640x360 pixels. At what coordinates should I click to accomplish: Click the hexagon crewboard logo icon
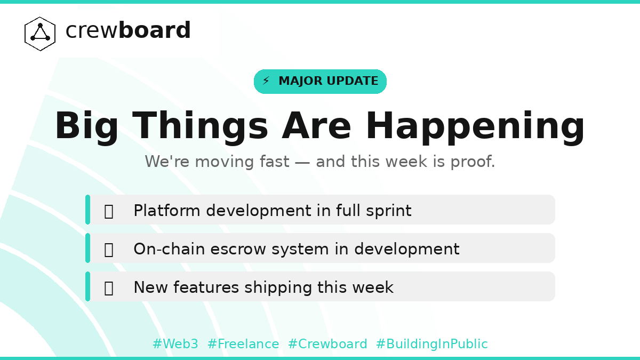click(40, 34)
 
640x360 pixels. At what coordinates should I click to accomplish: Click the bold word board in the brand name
click(154, 31)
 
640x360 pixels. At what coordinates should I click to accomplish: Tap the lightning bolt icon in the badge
click(266, 82)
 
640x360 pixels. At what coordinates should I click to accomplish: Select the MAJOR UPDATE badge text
click(328, 82)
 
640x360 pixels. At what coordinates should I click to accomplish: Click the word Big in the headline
click(86, 127)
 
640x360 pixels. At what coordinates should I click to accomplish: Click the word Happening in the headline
click(475, 127)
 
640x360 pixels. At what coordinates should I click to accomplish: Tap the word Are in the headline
click(316, 127)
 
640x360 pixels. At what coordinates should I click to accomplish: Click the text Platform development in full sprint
click(272, 211)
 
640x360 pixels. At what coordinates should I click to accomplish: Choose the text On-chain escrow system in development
click(296, 249)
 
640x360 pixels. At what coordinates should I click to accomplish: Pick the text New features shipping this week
click(263, 287)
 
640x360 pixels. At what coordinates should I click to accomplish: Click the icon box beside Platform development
click(109, 211)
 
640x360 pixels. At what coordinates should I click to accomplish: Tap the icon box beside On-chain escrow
click(109, 250)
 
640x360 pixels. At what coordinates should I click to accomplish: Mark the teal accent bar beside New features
click(87, 286)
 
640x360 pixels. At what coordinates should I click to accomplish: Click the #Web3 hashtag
click(175, 345)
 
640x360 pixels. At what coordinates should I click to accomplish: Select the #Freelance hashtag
click(243, 345)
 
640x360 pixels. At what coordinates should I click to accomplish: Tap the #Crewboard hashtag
click(327, 345)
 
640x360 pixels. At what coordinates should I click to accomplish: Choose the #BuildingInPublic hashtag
click(431, 345)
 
